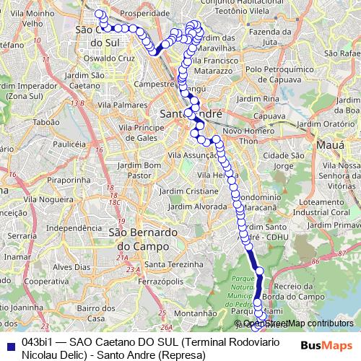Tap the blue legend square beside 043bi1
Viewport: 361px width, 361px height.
(x=9, y=344)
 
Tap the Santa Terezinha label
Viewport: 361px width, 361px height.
(x=180, y=264)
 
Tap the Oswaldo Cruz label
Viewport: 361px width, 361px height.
(x=109, y=57)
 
